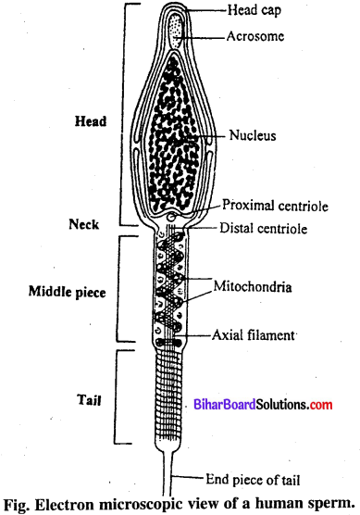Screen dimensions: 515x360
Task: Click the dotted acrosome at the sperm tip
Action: (x=176, y=34)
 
